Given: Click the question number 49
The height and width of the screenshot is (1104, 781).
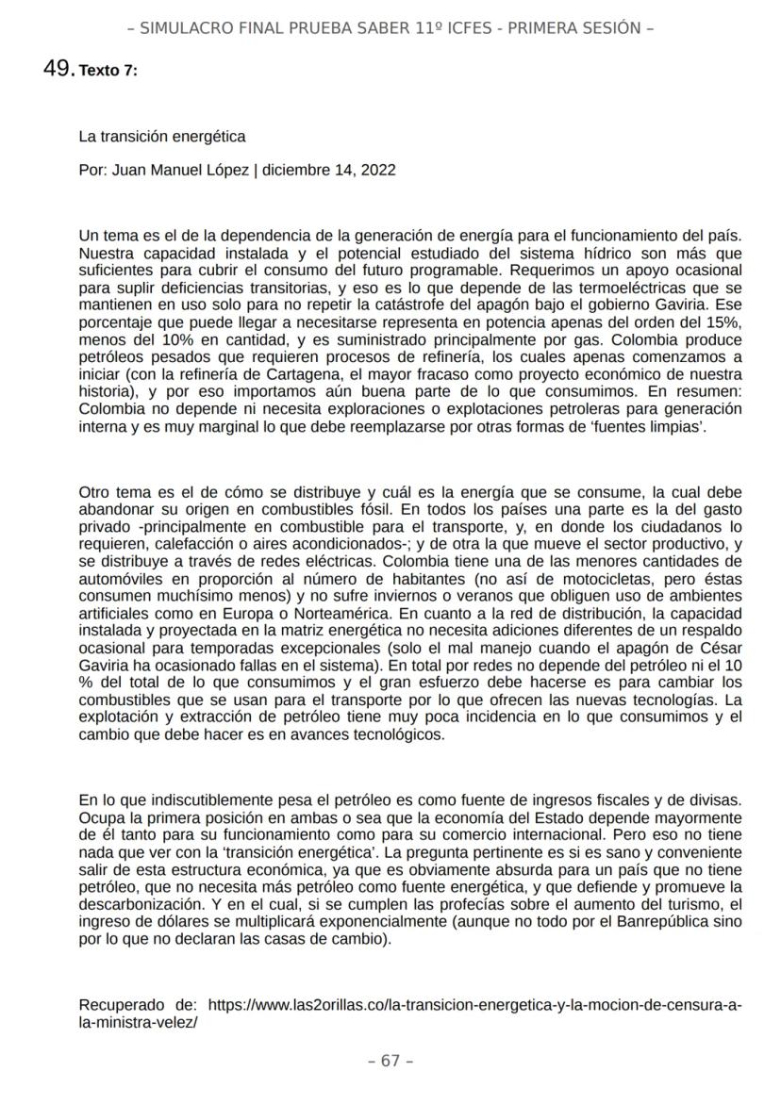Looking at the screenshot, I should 58,68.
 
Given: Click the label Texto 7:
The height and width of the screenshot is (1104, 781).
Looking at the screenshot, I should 108,71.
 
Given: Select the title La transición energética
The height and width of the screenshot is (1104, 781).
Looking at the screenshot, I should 162,137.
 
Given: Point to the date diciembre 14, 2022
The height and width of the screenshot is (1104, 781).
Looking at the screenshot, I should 329,171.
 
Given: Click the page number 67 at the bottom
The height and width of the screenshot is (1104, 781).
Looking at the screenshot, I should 390,1061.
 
